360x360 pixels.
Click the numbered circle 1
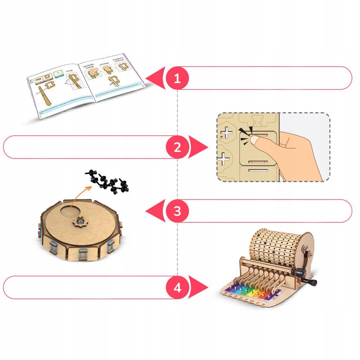click(177, 78)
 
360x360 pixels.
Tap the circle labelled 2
click(177, 147)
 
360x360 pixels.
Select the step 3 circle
click(177, 211)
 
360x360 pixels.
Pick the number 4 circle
click(177, 287)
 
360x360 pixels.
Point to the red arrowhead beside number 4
click(200, 287)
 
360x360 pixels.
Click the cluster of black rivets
click(108, 180)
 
